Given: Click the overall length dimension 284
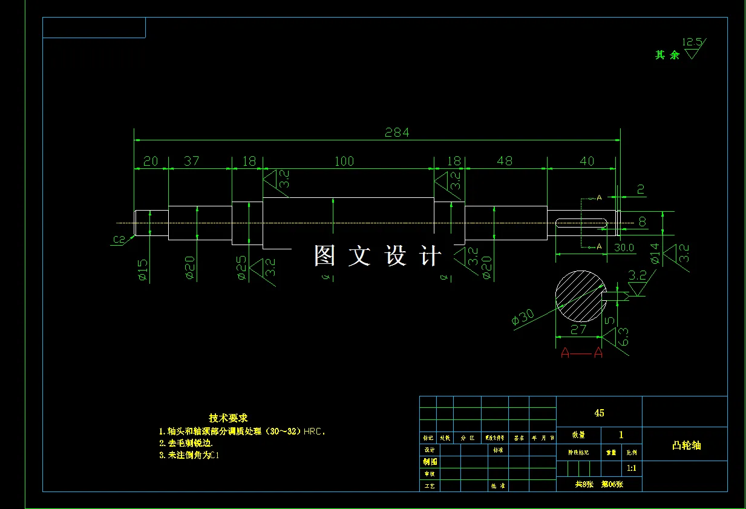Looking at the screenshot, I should [x=397, y=132].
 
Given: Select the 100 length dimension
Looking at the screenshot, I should [x=344, y=161].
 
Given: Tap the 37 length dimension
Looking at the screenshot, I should [x=191, y=161].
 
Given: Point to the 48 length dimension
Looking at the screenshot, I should [x=504, y=161].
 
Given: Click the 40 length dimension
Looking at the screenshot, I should [x=587, y=161].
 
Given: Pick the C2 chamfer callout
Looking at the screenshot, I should [x=119, y=240].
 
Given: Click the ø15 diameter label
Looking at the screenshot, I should [x=143, y=269].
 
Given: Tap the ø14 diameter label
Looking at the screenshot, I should [x=654, y=254].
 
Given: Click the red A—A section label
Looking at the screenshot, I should [x=581, y=352].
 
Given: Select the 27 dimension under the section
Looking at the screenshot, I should [x=578, y=329].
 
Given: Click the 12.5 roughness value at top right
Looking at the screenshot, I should [x=692, y=42].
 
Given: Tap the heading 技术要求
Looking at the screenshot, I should [x=228, y=418].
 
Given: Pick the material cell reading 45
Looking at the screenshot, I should [x=599, y=413].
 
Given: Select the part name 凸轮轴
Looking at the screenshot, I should [x=686, y=445].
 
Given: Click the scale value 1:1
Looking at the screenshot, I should [x=631, y=468].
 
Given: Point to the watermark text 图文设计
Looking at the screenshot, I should [x=378, y=256].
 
